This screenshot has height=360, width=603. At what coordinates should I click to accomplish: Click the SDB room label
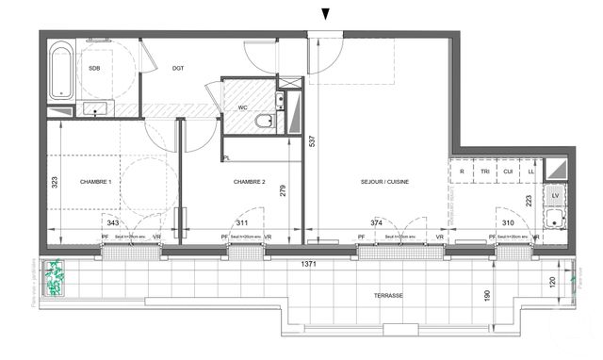[94, 68]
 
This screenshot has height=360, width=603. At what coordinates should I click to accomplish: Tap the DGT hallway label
[177, 68]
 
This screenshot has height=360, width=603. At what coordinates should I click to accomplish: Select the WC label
[242, 107]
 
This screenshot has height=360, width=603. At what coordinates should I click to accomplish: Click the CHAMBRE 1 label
[95, 181]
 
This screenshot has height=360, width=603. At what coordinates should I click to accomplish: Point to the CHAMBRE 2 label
[251, 181]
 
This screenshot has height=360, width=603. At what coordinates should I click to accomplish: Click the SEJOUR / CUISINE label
[383, 181]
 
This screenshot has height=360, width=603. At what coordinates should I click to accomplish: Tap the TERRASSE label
[387, 296]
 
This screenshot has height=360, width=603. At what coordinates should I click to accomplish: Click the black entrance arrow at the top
[326, 13]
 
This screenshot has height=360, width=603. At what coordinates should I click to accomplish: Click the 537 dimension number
[312, 141]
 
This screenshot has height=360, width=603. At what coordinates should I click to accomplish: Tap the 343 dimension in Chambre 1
[113, 222]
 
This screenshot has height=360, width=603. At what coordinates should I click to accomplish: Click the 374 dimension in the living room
[377, 222]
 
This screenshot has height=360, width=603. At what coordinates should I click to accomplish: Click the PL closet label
[228, 157]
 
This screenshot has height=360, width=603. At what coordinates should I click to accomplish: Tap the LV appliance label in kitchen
[554, 195]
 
